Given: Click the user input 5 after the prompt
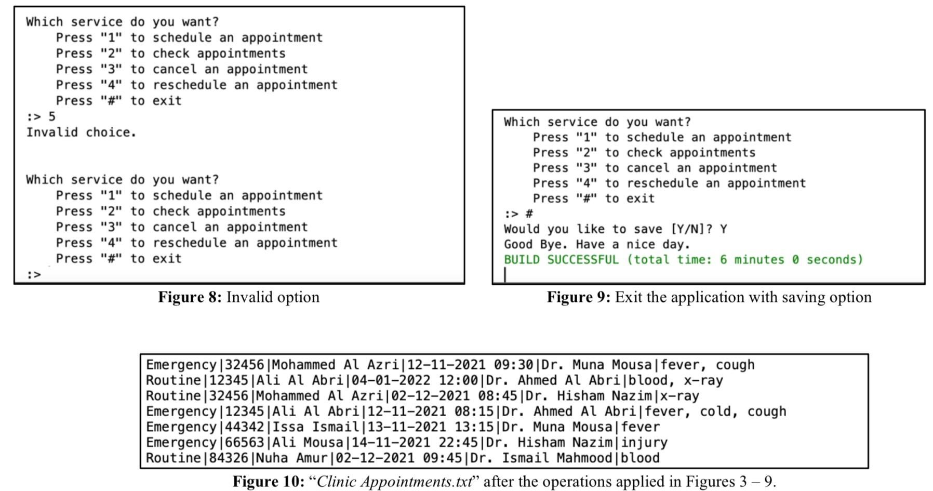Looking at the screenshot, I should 52,116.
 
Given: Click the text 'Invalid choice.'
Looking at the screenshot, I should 81,132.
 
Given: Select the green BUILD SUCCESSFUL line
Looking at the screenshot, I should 683,260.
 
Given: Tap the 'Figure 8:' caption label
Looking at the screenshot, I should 190,297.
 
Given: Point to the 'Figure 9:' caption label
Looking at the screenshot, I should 578,297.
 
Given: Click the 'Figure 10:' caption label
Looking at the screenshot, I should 268,481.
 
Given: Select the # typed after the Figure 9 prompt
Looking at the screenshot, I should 529,214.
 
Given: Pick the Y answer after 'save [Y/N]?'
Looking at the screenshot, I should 723,229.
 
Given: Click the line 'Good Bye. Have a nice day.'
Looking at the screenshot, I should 596,244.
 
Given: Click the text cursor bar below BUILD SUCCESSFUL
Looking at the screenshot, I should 505,274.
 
